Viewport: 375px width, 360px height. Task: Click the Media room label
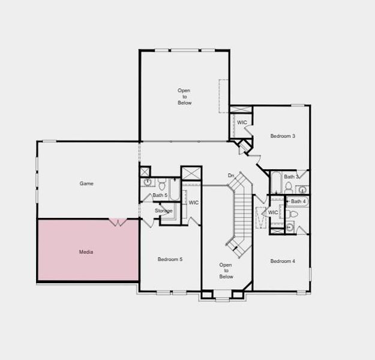[86, 252]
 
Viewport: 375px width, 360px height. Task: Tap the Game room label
[86, 184]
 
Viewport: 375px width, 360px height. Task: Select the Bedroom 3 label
[282, 136]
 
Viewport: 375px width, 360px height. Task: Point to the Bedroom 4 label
[282, 261]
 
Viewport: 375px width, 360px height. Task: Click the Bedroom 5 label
[170, 259]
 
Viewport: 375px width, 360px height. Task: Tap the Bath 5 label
[160, 195]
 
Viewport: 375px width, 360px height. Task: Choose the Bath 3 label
[292, 177]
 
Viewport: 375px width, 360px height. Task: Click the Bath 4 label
[298, 201]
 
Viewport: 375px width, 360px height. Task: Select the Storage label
[163, 211]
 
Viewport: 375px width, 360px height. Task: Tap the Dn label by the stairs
[230, 175]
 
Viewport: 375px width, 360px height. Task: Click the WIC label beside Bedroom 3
[242, 122]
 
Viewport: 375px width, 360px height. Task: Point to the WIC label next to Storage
[193, 203]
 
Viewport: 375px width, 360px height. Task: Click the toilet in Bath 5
[162, 182]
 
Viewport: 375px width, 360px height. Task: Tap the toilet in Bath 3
[289, 187]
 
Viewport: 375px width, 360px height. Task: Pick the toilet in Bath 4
[292, 214]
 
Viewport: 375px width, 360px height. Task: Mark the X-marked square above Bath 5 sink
[145, 172]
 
